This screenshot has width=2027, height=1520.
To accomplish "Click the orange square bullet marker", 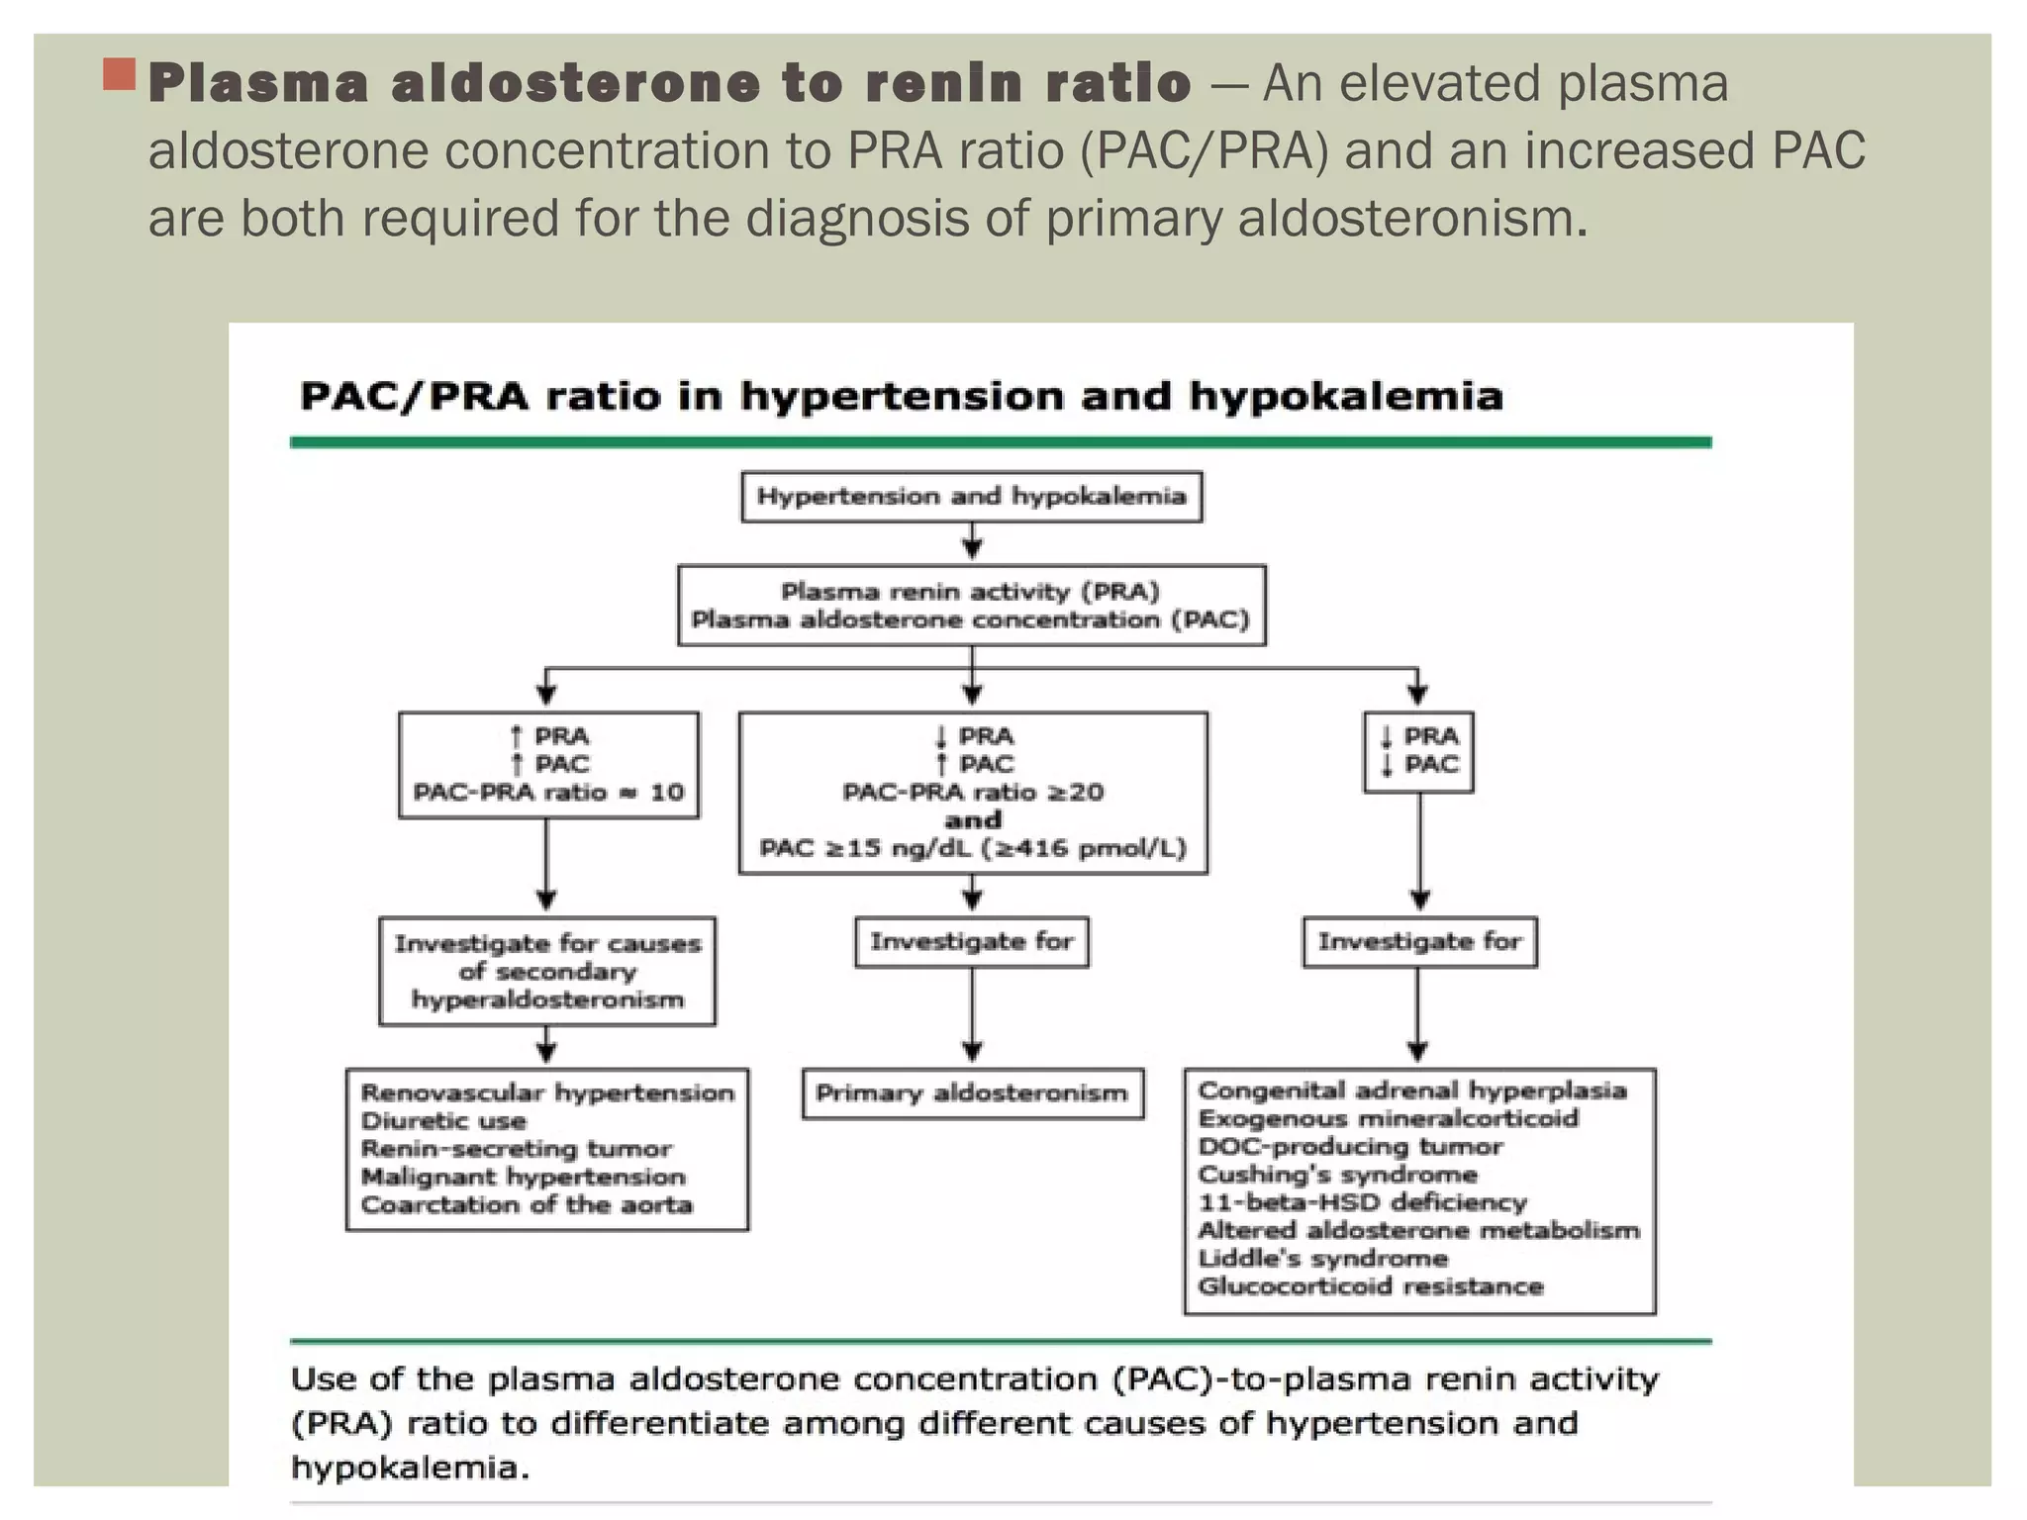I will (120, 74).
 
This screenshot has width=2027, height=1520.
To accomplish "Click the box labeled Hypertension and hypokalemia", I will (971, 497).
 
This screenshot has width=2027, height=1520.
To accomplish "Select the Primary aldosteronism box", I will (972, 1093).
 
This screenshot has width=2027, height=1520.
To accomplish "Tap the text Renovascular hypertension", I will (547, 1092).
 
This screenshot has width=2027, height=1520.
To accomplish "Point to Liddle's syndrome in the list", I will (1322, 1259).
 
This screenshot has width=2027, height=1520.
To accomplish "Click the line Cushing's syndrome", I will (1337, 1175).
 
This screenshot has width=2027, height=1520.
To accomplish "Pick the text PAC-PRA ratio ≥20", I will (972, 792).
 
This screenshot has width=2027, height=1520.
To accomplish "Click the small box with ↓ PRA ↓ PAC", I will (1418, 751).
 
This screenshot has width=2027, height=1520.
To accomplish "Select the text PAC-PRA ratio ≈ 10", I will (548, 792).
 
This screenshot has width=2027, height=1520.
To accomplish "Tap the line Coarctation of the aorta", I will (527, 1204).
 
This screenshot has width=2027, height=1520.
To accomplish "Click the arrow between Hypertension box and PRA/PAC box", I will (972, 542).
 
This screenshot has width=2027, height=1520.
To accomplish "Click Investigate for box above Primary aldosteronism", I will (971, 941).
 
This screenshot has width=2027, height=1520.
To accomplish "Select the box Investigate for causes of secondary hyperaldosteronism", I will (547, 971).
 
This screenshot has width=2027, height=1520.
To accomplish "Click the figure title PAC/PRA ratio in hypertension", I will (901, 397).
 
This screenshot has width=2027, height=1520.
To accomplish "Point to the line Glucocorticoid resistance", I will (1370, 1286).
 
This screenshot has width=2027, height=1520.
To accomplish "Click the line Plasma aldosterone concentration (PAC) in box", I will (970, 620).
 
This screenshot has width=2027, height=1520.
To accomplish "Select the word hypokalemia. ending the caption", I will (410, 1468).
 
